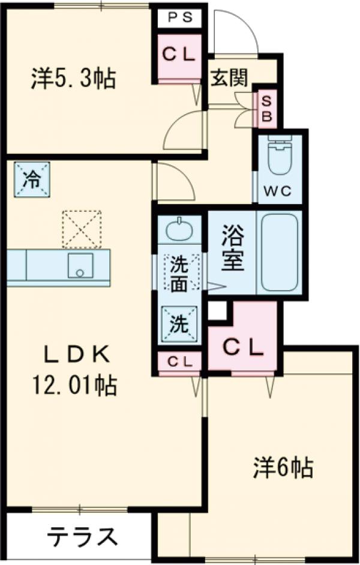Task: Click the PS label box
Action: tap(180, 17)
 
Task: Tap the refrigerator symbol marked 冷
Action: tap(29, 178)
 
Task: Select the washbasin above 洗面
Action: tap(179, 230)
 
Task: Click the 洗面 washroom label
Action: tap(179, 274)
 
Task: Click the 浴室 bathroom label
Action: tap(232, 252)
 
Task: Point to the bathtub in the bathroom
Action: tap(280, 252)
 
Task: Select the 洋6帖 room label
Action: tap(281, 467)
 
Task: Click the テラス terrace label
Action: tap(81, 536)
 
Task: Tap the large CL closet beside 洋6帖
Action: tap(244, 346)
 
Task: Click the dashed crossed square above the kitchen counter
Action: tap(82, 228)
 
